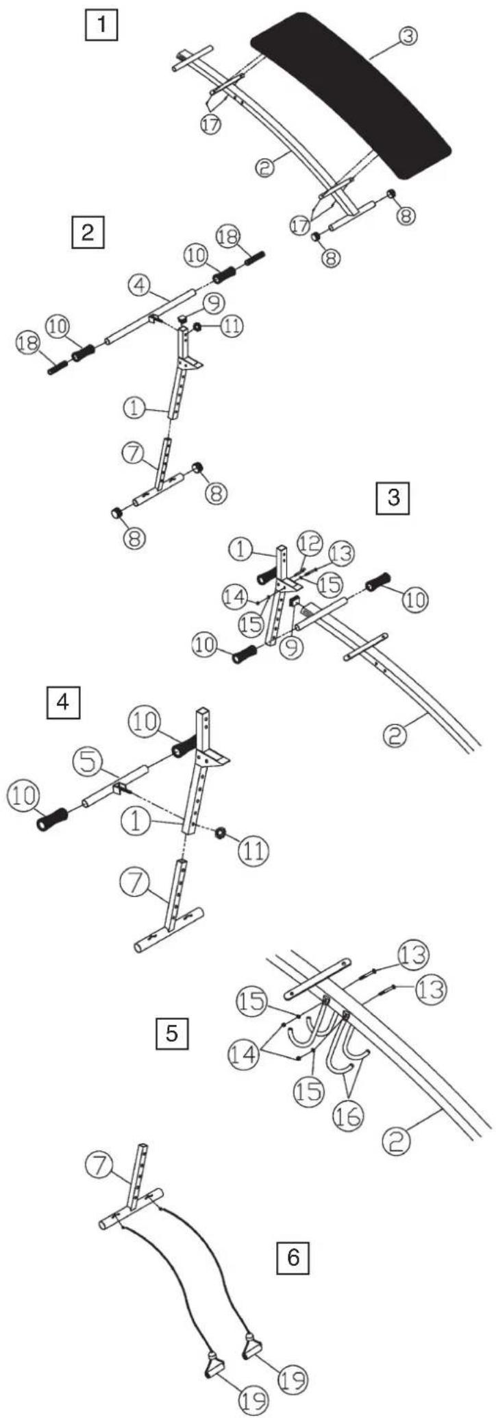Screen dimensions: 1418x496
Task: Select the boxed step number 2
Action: (x=88, y=232)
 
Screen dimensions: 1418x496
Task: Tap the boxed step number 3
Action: (x=393, y=498)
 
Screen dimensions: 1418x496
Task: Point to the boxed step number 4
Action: (x=64, y=704)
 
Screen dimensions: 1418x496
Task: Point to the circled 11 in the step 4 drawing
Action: (x=253, y=850)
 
